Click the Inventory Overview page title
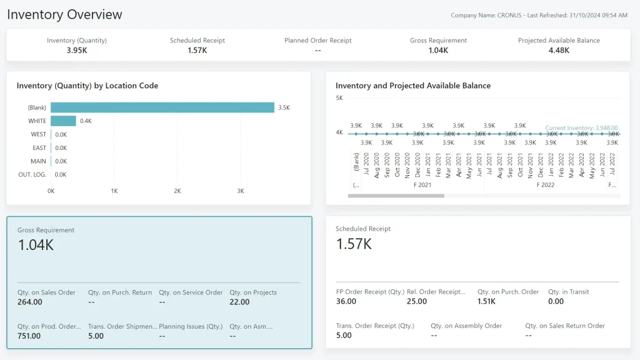[65, 14]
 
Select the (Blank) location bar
[162, 107]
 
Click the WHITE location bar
[63, 121]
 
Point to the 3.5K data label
[284, 107]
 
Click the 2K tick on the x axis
[177, 191]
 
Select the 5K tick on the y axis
[339, 98]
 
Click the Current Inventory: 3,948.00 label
[581, 127]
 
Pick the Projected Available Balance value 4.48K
[558, 51]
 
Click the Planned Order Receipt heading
[317, 41]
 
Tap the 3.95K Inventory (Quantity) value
[77, 51]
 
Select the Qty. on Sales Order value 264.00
[29, 302]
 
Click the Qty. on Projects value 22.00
[239, 302]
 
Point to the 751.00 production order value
[29, 336]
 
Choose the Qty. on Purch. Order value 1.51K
[486, 302]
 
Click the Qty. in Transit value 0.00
[556, 302]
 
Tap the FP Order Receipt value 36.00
[346, 302]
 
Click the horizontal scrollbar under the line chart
[396, 196]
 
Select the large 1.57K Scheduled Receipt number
[354, 244]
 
